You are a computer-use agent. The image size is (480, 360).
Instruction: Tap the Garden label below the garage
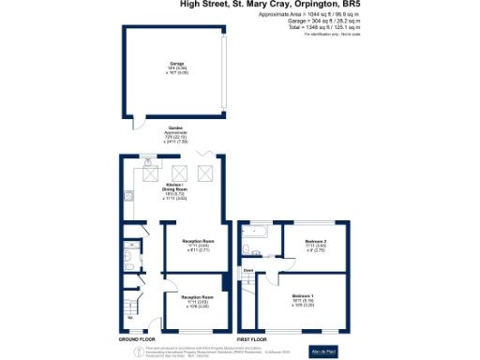click(175, 127)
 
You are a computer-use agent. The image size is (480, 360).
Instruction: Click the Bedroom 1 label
click(302, 296)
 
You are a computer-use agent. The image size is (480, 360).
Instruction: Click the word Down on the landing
click(248, 271)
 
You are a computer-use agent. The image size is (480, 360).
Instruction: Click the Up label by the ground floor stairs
click(129, 317)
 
